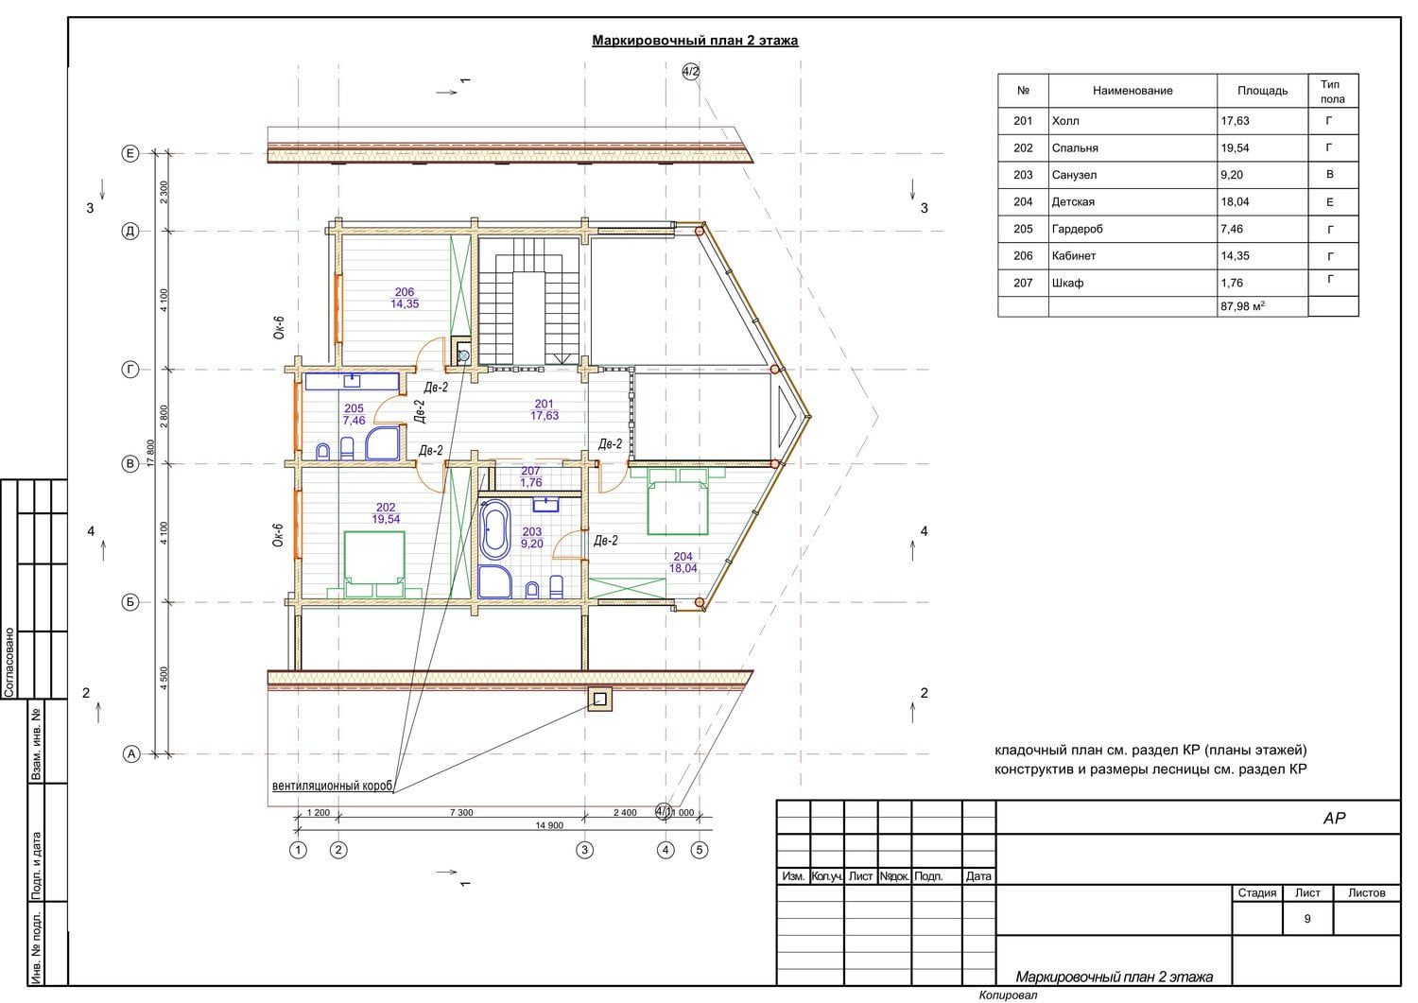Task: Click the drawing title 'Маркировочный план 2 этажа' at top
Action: coord(695,41)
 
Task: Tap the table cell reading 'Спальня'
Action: coord(1074,148)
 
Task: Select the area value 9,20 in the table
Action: coord(1231,175)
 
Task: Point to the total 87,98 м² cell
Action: coord(1242,306)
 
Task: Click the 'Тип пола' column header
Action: coord(1333,91)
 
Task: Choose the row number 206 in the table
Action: coord(1022,256)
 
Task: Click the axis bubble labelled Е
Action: coord(130,153)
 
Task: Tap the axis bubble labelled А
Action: coord(130,754)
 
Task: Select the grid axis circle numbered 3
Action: coord(584,850)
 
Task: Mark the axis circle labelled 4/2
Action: coord(691,72)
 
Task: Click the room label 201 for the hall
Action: coord(544,404)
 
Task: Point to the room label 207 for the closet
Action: coord(530,471)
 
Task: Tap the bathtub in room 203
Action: coord(495,529)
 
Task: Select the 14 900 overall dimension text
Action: coord(549,825)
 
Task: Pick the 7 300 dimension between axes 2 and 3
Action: coord(461,812)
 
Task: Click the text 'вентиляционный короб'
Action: coord(333,786)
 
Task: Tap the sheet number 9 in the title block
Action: coord(1307,919)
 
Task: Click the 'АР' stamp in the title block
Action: coord(1334,818)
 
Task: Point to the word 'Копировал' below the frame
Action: coord(1008,994)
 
